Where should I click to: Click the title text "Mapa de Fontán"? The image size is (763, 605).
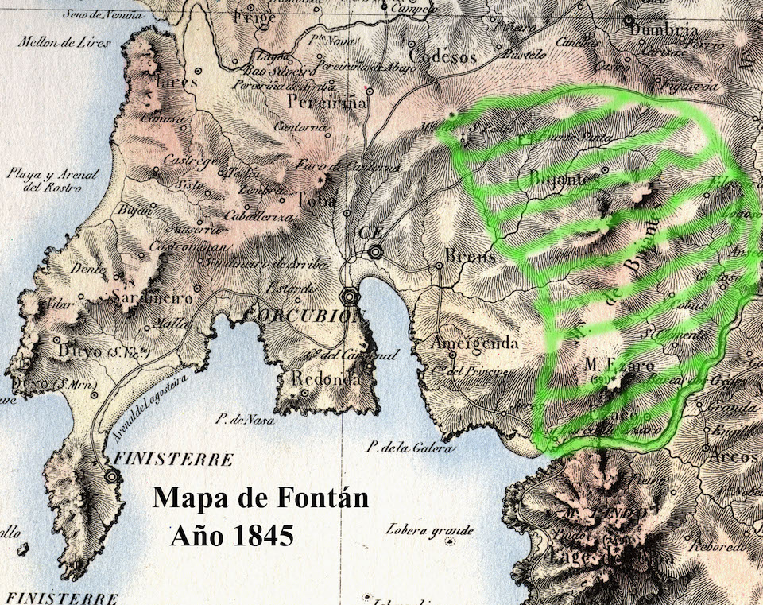(x=260, y=498)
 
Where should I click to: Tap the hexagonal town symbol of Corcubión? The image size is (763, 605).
(x=348, y=297)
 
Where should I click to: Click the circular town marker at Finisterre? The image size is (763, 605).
(x=114, y=475)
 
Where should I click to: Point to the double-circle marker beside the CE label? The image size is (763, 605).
(x=375, y=252)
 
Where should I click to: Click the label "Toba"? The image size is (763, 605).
(x=317, y=200)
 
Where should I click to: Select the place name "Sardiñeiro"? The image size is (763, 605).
(x=153, y=299)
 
